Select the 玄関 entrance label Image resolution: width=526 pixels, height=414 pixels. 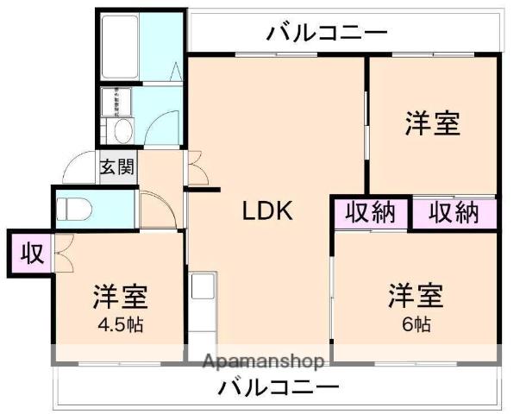point(116,167)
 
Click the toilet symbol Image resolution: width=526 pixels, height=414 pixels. point(73,209)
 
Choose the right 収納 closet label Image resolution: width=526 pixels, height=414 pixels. point(454,212)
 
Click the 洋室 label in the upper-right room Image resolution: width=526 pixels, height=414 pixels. point(432,124)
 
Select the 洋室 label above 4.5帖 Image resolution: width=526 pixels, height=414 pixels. point(121,297)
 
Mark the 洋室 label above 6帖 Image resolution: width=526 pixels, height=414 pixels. point(416,296)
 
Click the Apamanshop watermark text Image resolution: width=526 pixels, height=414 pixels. point(262,361)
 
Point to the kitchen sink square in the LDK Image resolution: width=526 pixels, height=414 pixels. point(204,285)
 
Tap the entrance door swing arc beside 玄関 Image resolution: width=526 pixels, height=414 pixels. point(79,168)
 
